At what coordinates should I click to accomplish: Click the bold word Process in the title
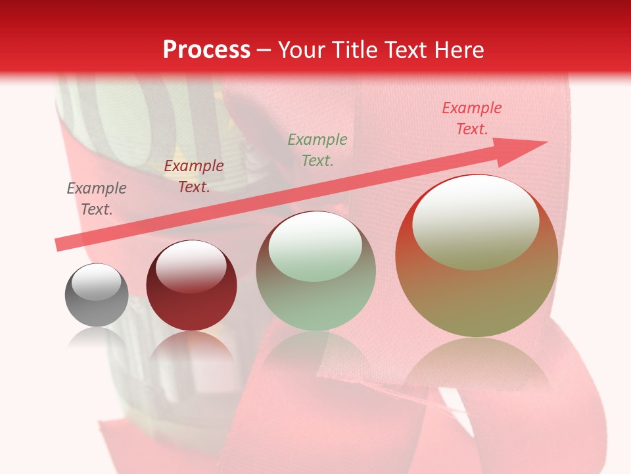click(x=206, y=49)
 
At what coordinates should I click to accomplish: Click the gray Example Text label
click(x=96, y=199)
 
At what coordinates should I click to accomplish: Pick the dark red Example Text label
click(x=193, y=176)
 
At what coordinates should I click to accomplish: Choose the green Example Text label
click(x=317, y=149)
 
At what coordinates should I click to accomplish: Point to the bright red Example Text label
click(x=472, y=118)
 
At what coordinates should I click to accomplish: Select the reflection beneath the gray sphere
click(x=97, y=339)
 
